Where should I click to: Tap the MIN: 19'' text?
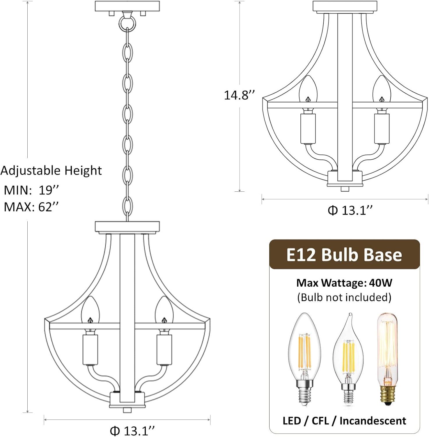click(31, 190)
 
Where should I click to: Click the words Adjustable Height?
click(51, 170)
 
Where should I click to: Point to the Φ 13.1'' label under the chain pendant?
click(132, 430)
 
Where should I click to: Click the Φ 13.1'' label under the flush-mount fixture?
click(350, 210)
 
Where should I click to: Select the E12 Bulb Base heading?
click(344, 255)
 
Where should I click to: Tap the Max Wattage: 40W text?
click(344, 283)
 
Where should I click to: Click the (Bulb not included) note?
click(344, 297)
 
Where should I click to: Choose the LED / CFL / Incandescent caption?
click(344, 421)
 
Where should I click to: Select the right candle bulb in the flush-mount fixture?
click(381, 89)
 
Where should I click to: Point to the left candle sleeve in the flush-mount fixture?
click(308, 128)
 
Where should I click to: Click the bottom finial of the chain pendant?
click(126, 410)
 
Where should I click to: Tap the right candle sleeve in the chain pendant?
click(164, 350)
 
